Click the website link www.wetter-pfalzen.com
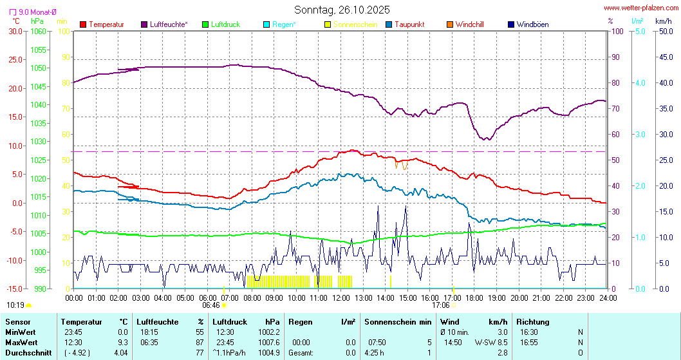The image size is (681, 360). click(641, 8)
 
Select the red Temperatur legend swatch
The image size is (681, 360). click(83, 24)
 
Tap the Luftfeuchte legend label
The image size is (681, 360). click(169, 24)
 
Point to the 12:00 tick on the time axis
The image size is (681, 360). click(340, 298)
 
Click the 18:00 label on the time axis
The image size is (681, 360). click(474, 298)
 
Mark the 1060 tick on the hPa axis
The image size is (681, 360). click(38, 31)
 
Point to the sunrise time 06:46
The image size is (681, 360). click(211, 305)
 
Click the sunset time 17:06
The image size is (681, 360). click(440, 305)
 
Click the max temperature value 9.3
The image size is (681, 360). click(122, 342)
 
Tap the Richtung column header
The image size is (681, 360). click(533, 321)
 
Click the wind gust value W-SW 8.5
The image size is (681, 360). click(491, 342)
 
